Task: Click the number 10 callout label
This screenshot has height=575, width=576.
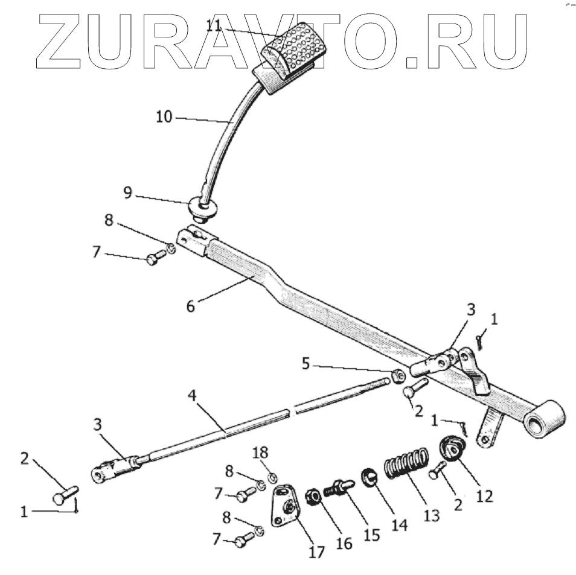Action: (164, 116)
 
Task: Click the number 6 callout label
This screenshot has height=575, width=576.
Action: (191, 306)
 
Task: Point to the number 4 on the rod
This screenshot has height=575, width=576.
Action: (192, 398)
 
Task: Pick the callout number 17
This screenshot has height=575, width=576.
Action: (316, 551)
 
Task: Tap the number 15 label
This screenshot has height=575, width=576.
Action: (372, 535)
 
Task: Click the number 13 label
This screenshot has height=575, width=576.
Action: (431, 516)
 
